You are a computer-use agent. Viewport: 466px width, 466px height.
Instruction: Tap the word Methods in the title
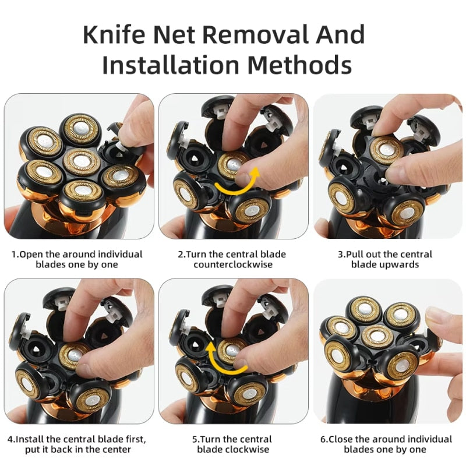pyautogui.click(x=308, y=65)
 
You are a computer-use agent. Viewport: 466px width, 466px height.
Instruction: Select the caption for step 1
pyautogui.click(x=77, y=259)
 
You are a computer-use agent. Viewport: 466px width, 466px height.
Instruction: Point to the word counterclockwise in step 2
pyautogui.click(x=233, y=264)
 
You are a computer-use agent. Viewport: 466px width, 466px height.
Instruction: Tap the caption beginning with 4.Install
pyautogui.click(x=77, y=444)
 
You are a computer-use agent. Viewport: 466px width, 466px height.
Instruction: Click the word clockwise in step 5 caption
pyautogui.click(x=247, y=449)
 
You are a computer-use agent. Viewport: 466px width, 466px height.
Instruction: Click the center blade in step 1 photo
pyautogui.click(x=82, y=163)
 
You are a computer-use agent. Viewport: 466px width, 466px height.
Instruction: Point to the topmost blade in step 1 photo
pyautogui.click(x=82, y=129)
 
